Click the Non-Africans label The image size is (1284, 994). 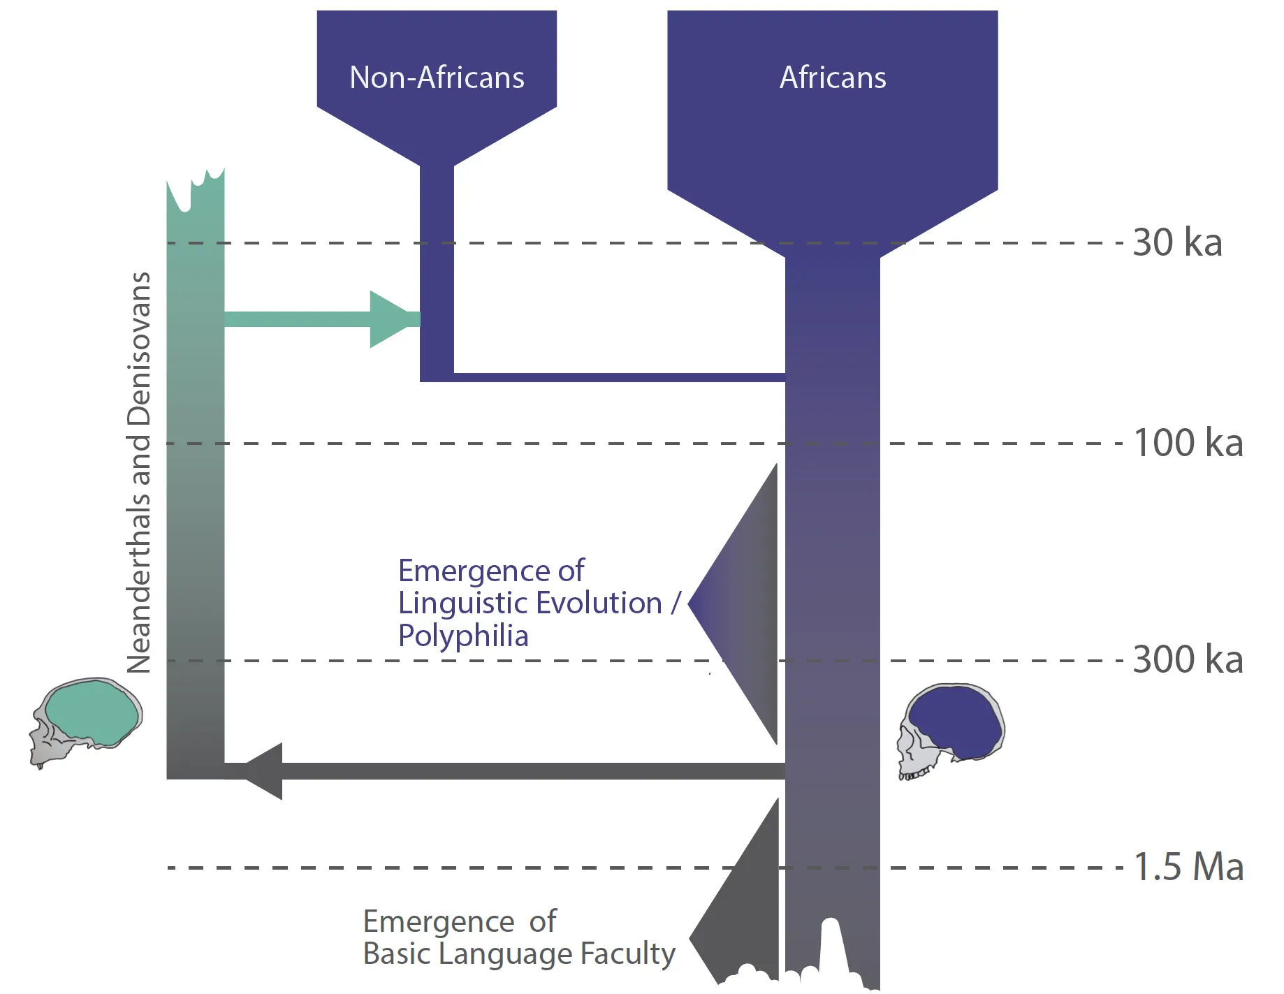[x=437, y=78]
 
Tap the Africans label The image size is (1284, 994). [x=833, y=78]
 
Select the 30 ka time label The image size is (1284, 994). [x=1177, y=243]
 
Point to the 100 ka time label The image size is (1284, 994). [x=1188, y=444]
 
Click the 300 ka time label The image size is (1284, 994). [x=1188, y=660]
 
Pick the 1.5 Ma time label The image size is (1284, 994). [x=1188, y=868]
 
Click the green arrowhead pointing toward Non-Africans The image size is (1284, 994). [x=391, y=319]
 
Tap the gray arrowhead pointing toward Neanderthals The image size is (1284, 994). [x=265, y=771]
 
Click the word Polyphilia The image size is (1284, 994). [x=463, y=636]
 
